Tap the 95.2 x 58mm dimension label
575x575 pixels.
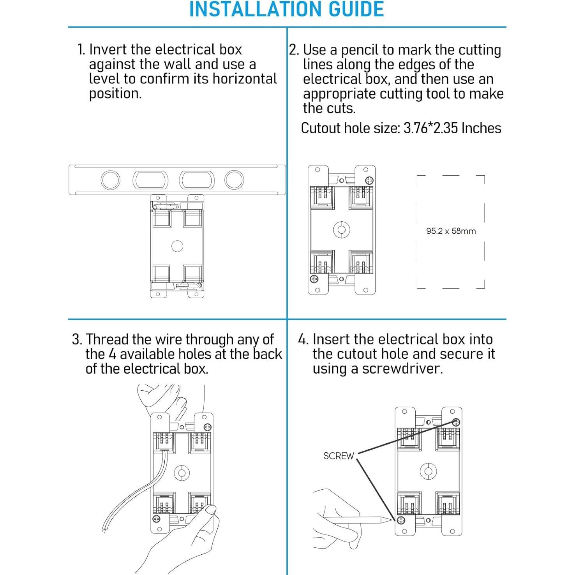click(x=451, y=231)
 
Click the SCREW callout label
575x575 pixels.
click(x=339, y=456)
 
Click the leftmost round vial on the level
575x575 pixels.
click(x=110, y=180)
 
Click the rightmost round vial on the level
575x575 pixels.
click(x=234, y=180)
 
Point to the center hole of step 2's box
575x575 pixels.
click(x=341, y=230)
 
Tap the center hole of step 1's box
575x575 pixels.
click(x=177, y=246)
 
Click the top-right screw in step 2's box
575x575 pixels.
click(x=369, y=180)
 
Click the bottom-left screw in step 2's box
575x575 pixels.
click(x=314, y=279)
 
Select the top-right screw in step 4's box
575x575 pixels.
click(x=456, y=422)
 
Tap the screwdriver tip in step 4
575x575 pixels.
click(x=391, y=519)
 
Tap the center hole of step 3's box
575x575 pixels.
click(x=181, y=473)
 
